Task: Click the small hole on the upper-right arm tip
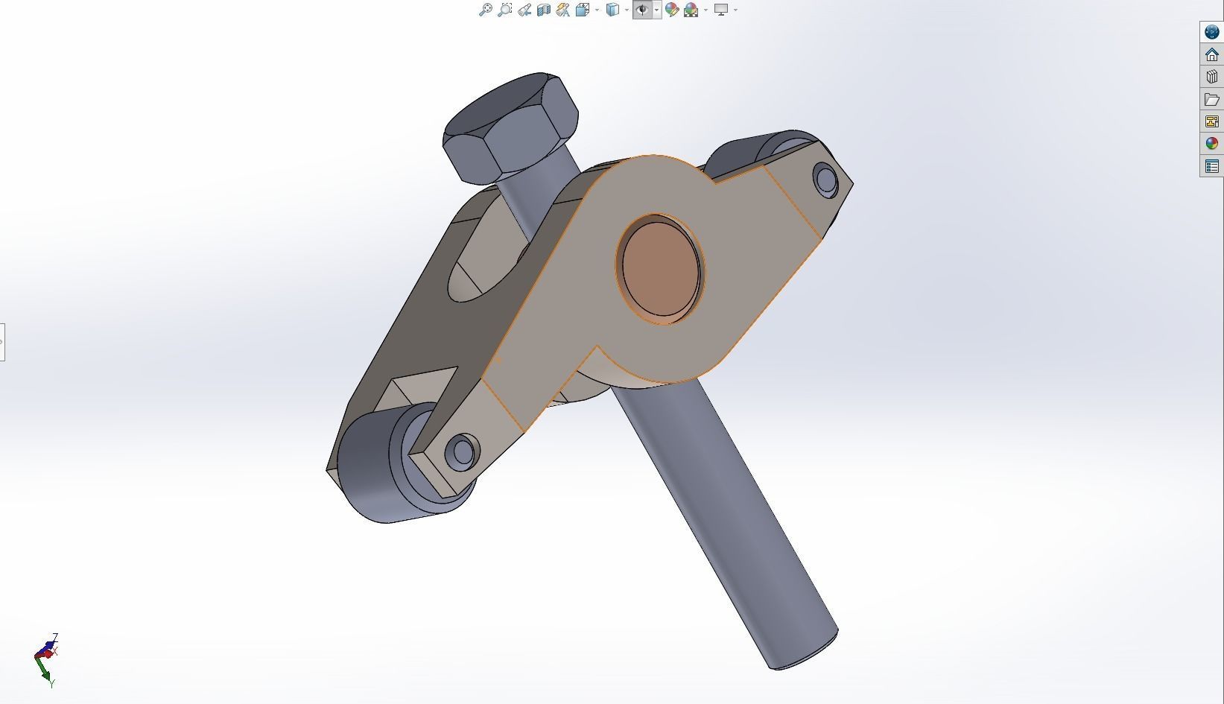click(x=825, y=180)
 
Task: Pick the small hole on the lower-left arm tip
click(x=462, y=451)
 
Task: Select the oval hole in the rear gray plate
click(x=477, y=272)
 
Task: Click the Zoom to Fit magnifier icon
click(x=485, y=10)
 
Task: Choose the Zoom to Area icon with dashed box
click(x=504, y=10)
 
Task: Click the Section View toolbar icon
click(x=544, y=10)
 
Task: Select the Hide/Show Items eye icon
click(x=642, y=10)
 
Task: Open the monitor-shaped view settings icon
click(x=720, y=10)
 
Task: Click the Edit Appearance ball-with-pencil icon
click(x=672, y=10)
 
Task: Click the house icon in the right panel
click(x=1212, y=54)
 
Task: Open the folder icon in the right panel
click(x=1212, y=99)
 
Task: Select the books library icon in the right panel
click(x=1212, y=77)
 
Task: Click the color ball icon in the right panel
click(x=1212, y=144)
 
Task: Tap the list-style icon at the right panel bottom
click(x=1212, y=166)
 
